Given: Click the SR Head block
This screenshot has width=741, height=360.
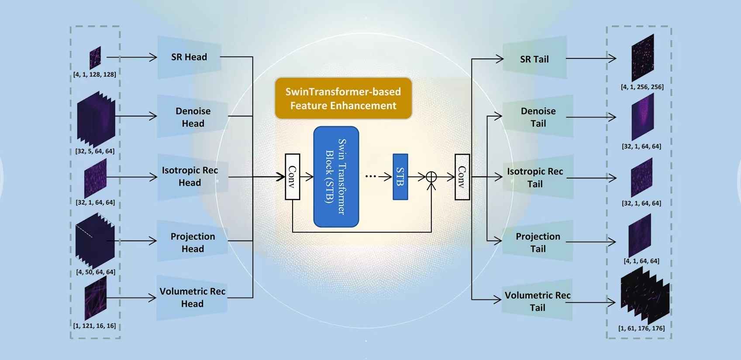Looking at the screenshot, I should (189, 57).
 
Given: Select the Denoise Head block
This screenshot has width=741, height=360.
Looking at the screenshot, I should (193, 117).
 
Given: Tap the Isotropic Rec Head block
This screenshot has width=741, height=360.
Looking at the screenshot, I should (190, 176).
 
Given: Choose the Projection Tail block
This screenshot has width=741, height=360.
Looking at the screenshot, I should (538, 242).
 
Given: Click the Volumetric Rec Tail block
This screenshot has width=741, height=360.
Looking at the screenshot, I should (537, 301).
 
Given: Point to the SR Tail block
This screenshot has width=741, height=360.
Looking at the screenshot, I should (534, 59).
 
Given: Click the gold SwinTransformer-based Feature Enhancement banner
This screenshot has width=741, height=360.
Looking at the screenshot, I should (343, 99).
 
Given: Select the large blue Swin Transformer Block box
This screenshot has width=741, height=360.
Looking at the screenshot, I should (336, 177).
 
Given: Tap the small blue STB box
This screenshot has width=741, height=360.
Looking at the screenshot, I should (400, 177).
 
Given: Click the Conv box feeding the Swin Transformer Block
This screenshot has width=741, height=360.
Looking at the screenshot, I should (293, 177).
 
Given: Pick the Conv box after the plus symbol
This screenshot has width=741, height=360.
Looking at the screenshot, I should (462, 177).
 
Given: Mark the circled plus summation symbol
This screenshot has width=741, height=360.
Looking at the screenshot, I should (431, 177).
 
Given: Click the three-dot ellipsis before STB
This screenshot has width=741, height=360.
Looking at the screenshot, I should (370, 176).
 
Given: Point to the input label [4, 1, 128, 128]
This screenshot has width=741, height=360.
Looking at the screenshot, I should (95, 75).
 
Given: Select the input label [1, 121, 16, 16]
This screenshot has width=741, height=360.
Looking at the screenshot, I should (95, 326).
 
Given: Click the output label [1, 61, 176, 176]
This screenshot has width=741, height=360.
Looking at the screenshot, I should (641, 328).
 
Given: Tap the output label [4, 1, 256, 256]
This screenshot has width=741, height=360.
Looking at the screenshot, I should (642, 87).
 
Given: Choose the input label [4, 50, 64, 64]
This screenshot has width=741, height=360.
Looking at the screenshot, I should (96, 272).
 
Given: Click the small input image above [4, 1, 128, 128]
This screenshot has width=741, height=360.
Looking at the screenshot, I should (95, 58).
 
